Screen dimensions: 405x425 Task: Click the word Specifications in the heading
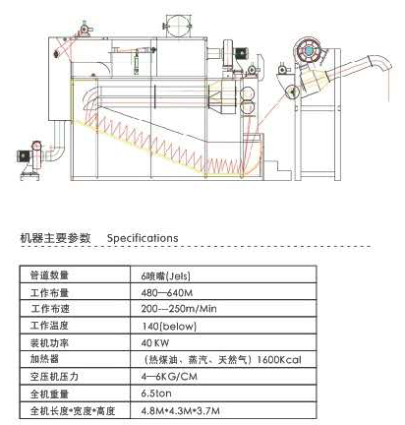click(143, 238)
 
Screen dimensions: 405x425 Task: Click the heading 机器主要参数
click(55, 238)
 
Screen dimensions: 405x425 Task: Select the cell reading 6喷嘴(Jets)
click(165, 276)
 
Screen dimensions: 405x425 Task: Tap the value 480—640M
click(167, 292)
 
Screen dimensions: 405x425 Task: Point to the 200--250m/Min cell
click(179, 309)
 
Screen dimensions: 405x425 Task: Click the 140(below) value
click(169, 327)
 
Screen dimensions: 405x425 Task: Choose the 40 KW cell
click(155, 343)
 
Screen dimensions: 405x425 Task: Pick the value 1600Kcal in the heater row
click(279, 360)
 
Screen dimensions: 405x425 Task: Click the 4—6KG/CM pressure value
click(169, 377)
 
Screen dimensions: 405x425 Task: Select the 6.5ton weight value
click(156, 394)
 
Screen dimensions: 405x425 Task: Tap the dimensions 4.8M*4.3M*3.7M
click(180, 410)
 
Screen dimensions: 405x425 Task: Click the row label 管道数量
click(49, 275)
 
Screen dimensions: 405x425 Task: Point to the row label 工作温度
click(49, 326)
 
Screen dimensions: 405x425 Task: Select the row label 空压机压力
click(54, 377)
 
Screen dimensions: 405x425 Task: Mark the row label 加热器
click(44, 359)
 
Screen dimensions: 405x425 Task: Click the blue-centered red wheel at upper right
click(309, 50)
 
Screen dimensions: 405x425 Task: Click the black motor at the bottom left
click(24, 155)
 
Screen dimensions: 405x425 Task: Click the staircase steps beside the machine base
click(277, 170)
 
